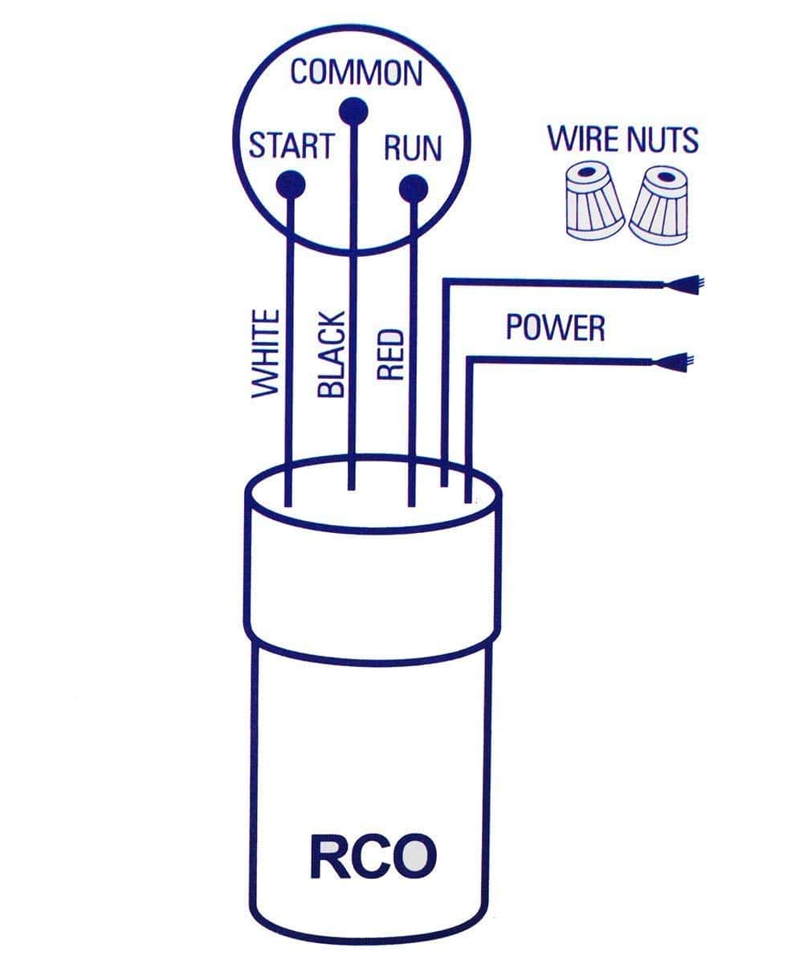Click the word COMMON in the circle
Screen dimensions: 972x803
tap(356, 72)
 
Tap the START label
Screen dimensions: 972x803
tap(290, 147)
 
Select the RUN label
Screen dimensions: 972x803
tap(413, 148)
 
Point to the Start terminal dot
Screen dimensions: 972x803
tap(290, 185)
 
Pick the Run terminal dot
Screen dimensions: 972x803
tap(413, 187)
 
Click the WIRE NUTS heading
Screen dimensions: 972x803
tap(622, 139)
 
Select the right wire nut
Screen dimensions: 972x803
tap(660, 205)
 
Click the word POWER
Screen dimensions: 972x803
tap(555, 327)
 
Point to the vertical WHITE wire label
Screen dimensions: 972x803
tap(266, 354)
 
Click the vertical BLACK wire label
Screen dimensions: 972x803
tap(331, 354)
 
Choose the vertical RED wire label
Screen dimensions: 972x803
tap(389, 354)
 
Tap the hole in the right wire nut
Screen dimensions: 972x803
tap(664, 176)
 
